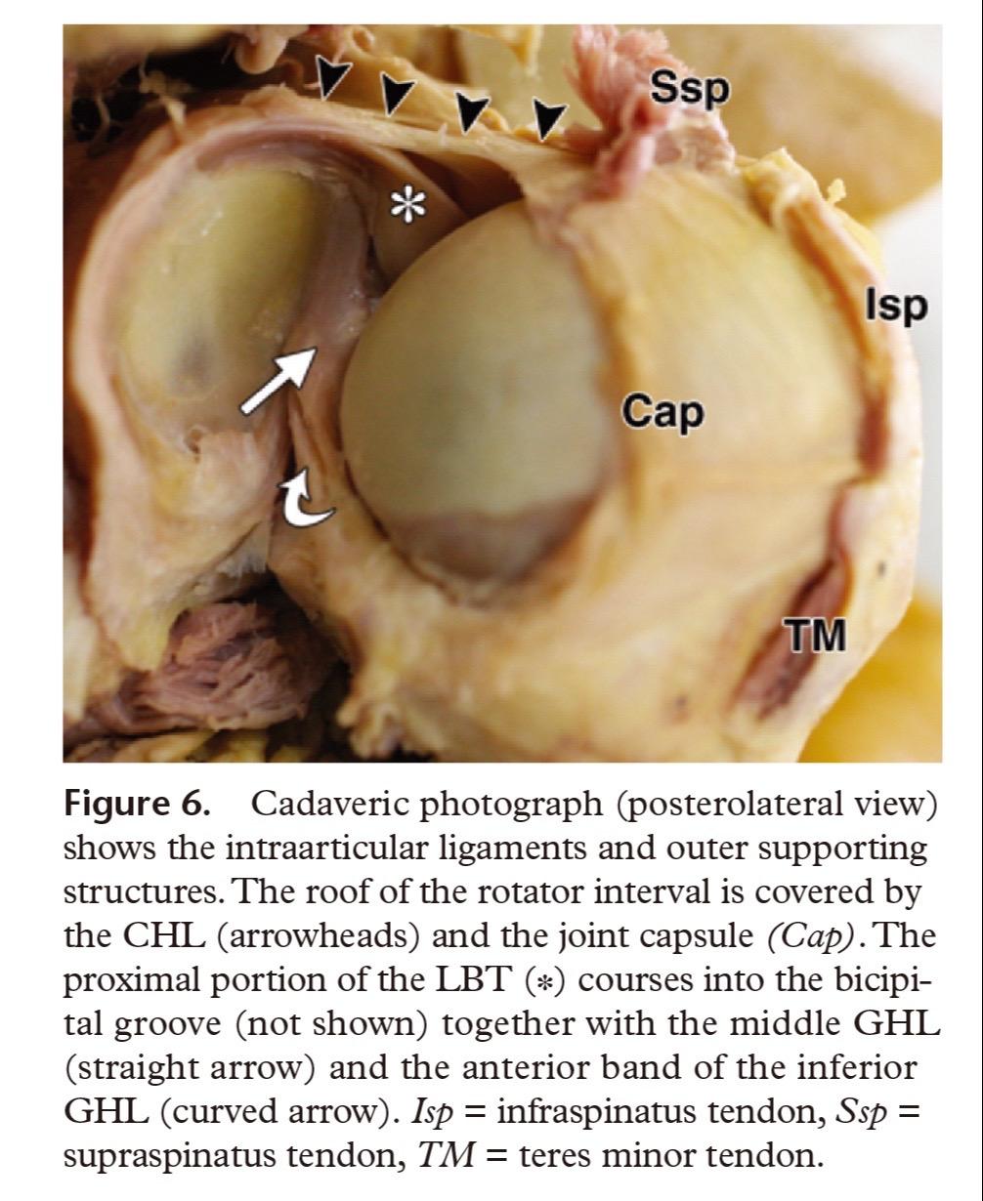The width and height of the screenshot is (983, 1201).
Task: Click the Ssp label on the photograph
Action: (690, 90)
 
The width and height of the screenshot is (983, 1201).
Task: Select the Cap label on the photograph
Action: (662, 412)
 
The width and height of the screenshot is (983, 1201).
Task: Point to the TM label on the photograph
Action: (815, 635)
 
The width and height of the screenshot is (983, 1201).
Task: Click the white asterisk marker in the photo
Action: (408, 206)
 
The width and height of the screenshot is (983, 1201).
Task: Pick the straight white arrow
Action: (278, 380)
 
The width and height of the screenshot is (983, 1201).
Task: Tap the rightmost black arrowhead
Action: (549, 119)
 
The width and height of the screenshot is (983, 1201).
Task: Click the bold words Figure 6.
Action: (138, 804)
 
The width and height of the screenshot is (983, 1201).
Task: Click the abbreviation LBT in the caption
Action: (472, 980)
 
